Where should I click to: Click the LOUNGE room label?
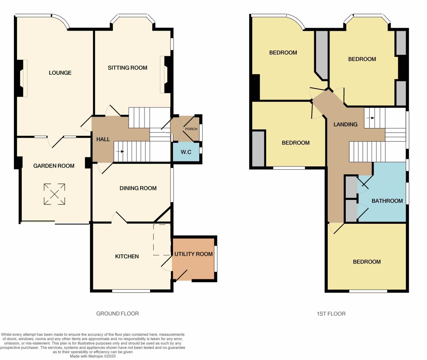(60, 73)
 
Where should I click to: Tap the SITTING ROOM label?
(127, 68)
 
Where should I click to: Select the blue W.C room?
(186, 152)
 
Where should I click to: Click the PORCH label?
(191, 129)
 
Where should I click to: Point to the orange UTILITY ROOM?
(193, 259)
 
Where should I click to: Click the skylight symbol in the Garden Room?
(54, 194)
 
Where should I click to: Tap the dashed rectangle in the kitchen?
(162, 240)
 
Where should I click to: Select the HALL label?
(103, 139)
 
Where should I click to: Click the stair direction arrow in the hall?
(120, 152)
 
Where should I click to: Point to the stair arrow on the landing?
(370, 118)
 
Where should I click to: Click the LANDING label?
(346, 124)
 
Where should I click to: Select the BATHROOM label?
(387, 201)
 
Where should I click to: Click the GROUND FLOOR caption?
(117, 314)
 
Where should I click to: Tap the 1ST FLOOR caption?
(331, 314)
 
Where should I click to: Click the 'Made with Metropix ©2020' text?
(93, 356)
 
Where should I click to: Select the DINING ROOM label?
(138, 188)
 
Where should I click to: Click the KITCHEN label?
(127, 256)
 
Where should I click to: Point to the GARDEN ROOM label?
(54, 166)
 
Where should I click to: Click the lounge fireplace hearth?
(25, 78)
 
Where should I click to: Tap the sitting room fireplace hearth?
(162, 75)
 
